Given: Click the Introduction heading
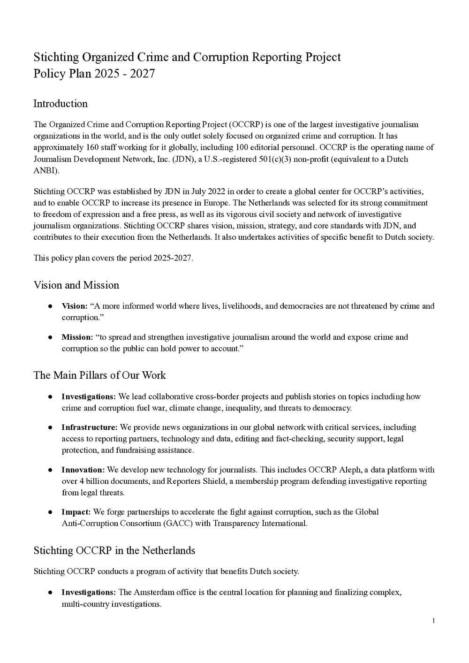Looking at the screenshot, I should [61, 104].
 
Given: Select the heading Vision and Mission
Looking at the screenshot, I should [76, 285].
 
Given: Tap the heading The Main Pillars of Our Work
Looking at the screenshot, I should [99, 375].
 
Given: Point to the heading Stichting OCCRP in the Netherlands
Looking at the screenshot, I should [114, 550].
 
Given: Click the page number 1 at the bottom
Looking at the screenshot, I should [434, 621].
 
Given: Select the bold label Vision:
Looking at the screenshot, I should [75, 306].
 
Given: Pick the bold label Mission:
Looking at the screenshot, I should [77, 337].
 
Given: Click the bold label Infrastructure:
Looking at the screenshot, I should [90, 427].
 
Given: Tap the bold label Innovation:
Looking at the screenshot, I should [83, 470].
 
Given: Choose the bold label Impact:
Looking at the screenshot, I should [76, 512].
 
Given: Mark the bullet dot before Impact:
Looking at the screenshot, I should [50, 512].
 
